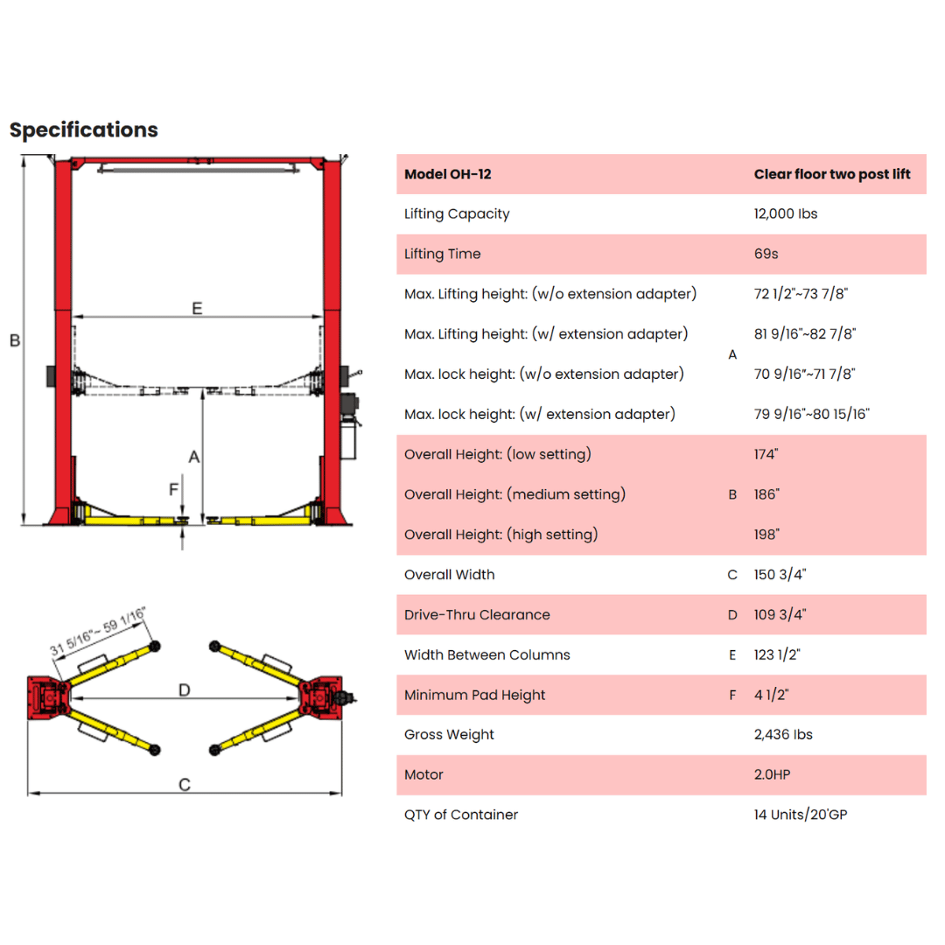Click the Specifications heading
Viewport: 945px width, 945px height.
[84, 129]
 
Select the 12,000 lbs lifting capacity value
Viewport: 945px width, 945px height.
[785, 214]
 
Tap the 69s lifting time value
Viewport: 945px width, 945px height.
[766, 254]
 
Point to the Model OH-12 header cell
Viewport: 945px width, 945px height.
[448, 174]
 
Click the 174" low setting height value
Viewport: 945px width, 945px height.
[766, 454]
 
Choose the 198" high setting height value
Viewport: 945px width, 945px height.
[766, 534]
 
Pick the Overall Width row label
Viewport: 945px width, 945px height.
[450, 574]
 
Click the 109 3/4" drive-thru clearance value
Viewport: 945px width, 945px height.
[780, 615]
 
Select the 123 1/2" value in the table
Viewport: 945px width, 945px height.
[777, 654]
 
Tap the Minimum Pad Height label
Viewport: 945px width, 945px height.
[474, 695]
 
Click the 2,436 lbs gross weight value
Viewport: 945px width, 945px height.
[783, 735]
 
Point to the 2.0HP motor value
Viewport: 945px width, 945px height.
[772, 774]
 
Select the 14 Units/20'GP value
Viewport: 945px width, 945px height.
[801, 815]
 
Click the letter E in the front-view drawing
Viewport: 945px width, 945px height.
[197, 308]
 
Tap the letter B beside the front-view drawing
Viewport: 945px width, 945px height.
[15, 340]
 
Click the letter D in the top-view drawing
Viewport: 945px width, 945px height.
[185, 689]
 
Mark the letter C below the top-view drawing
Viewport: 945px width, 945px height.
[185, 784]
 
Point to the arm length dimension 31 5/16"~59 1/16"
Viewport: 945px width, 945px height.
[98, 631]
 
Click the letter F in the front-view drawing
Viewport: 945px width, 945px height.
[173, 489]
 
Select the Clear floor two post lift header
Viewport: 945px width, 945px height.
[832, 174]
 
